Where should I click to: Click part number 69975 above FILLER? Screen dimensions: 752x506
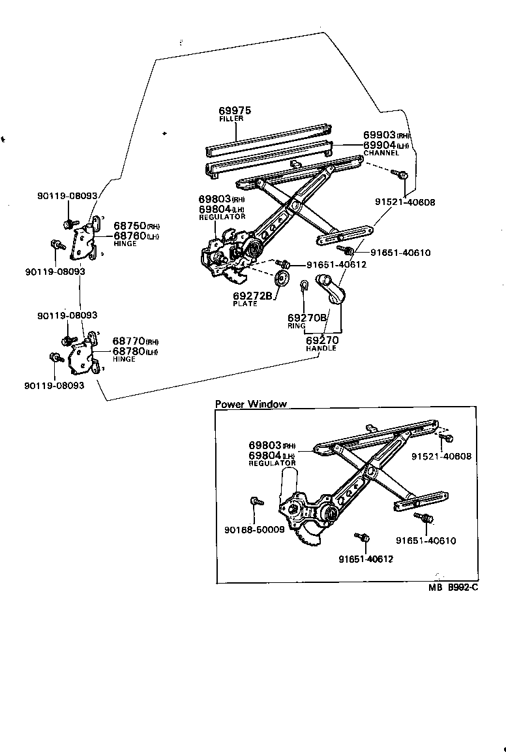coord(234,112)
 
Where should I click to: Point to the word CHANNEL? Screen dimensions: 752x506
coord(380,153)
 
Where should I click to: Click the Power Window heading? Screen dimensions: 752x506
coord(250,404)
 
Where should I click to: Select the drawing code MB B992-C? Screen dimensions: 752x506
coord(454,587)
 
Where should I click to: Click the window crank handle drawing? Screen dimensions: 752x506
coord(331,291)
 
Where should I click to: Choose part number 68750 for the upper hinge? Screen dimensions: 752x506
coord(130,226)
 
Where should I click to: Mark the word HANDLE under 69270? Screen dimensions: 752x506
coord(321,349)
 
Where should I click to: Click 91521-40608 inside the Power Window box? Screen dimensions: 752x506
coord(441,457)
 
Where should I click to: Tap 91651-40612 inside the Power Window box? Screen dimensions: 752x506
coord(366,559)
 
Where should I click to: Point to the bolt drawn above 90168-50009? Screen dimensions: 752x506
coord(255,501)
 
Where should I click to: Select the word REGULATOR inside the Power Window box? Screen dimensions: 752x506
coord(272,463)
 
